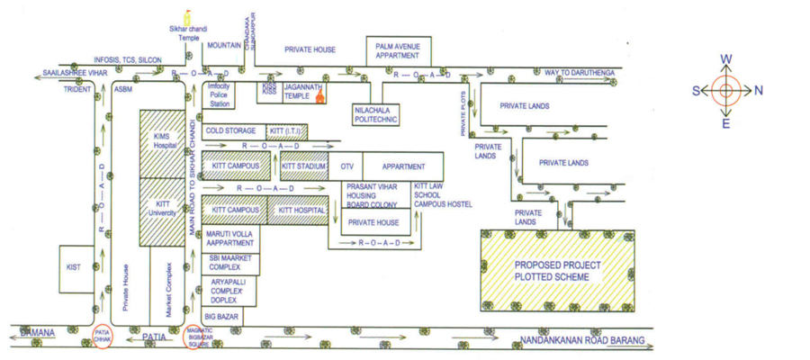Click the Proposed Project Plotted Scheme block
coord(557,270)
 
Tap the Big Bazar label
coord(221,317)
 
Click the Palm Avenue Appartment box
coord(398,50)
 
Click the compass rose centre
coord(725,90)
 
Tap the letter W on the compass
coord(725,60)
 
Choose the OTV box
coord(346,166)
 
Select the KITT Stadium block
coord(304,166)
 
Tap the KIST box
coord(74,267)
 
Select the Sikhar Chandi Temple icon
coord(187,17)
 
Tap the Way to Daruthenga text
coord(580,72)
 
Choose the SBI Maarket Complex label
coord(225,263)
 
